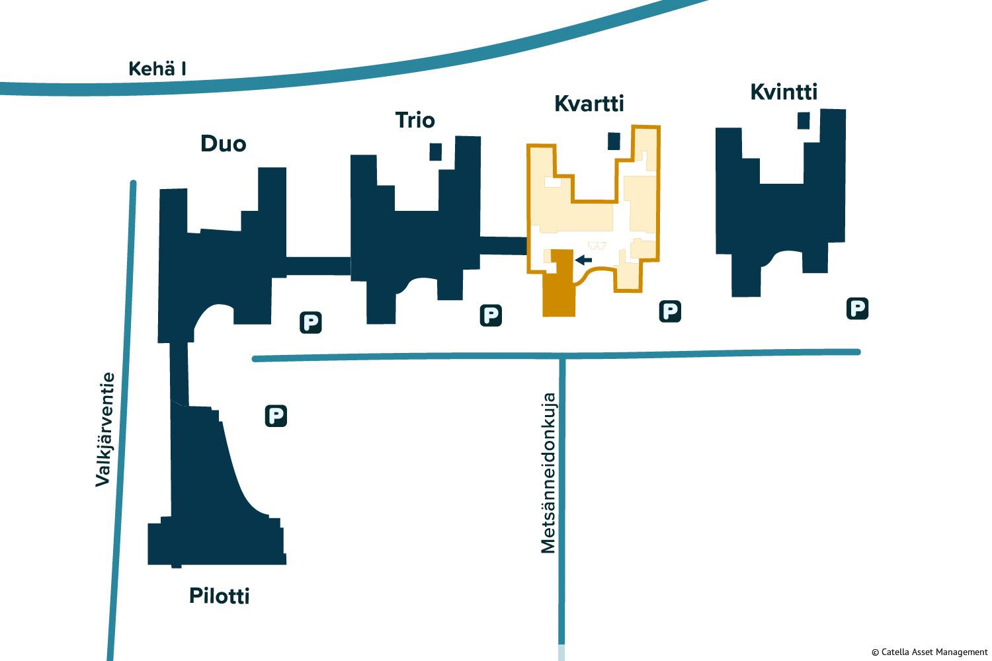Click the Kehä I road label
(157, 68)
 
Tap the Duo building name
(224, 143)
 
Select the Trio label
(415, 120)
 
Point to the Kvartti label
(589, 103)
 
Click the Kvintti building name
(784, 92)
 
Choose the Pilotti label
(220, 596)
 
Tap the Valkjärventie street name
(104, 430)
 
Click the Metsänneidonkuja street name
(548, 473)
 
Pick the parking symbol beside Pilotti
(276, 416)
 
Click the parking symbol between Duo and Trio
(311, 323)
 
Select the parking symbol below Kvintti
(857, 308)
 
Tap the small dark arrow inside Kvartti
(583, 260)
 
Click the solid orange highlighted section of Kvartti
(559, 291)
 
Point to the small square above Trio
(435, 151)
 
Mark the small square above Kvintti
(804, 120)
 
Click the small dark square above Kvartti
(614, 141)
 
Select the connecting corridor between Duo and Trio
(318, 266)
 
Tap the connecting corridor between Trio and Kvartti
(503, 245)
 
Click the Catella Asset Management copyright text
(929, 652)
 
